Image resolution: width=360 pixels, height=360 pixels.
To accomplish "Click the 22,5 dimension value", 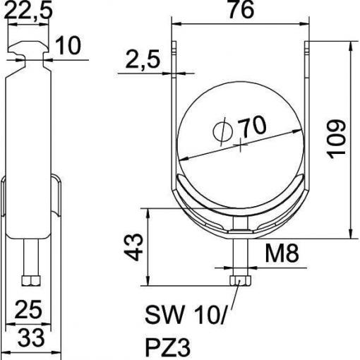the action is click(x=28, y=10).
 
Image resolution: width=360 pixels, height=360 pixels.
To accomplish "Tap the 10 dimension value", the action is click(x=68, y=45).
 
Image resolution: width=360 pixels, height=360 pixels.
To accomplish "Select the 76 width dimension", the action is click(x=241, y=9).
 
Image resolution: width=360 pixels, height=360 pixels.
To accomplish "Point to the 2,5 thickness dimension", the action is click(x=143, y=59).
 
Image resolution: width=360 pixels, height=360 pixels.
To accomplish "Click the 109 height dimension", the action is click(x=337, y=139).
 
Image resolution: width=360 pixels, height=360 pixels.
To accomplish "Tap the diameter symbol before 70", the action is click(x=222, y=131).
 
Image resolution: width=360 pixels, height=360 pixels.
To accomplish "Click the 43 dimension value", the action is click(x=133, y=247).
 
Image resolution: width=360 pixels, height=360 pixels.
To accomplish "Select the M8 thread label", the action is click(x=282, y=253).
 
